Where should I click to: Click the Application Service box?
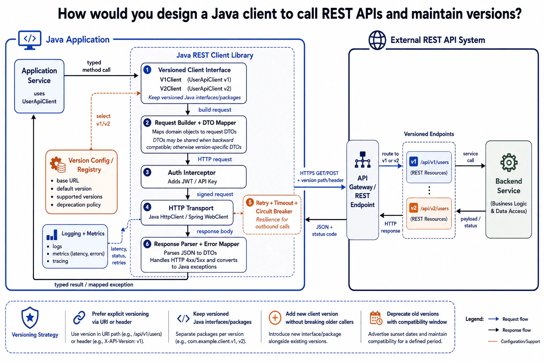coord(39,86)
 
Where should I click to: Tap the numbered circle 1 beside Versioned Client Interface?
coord(147,70)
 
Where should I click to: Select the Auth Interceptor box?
coord(194,177)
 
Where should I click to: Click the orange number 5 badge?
coord(250,202)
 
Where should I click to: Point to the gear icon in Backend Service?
coord(509,163)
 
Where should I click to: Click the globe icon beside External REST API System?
coord(377,40)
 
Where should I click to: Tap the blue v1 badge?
coord(413,162)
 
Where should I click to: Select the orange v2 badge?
coord(413,208)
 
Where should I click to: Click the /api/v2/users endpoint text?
coord(435,208)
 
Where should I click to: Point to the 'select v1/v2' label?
coord(103,120)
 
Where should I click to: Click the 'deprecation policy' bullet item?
coord(78,205)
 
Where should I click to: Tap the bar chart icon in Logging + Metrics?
coord(52,235)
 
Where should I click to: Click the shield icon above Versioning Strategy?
coord(30,318)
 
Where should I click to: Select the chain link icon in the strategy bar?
coord(79,318)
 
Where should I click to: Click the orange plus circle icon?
coord(275,318)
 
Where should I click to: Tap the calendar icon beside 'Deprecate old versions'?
coord(376,318)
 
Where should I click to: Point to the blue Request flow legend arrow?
coord(493,319)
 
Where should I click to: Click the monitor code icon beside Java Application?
coord(30,40)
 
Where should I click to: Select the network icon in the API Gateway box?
coord(363,160)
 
